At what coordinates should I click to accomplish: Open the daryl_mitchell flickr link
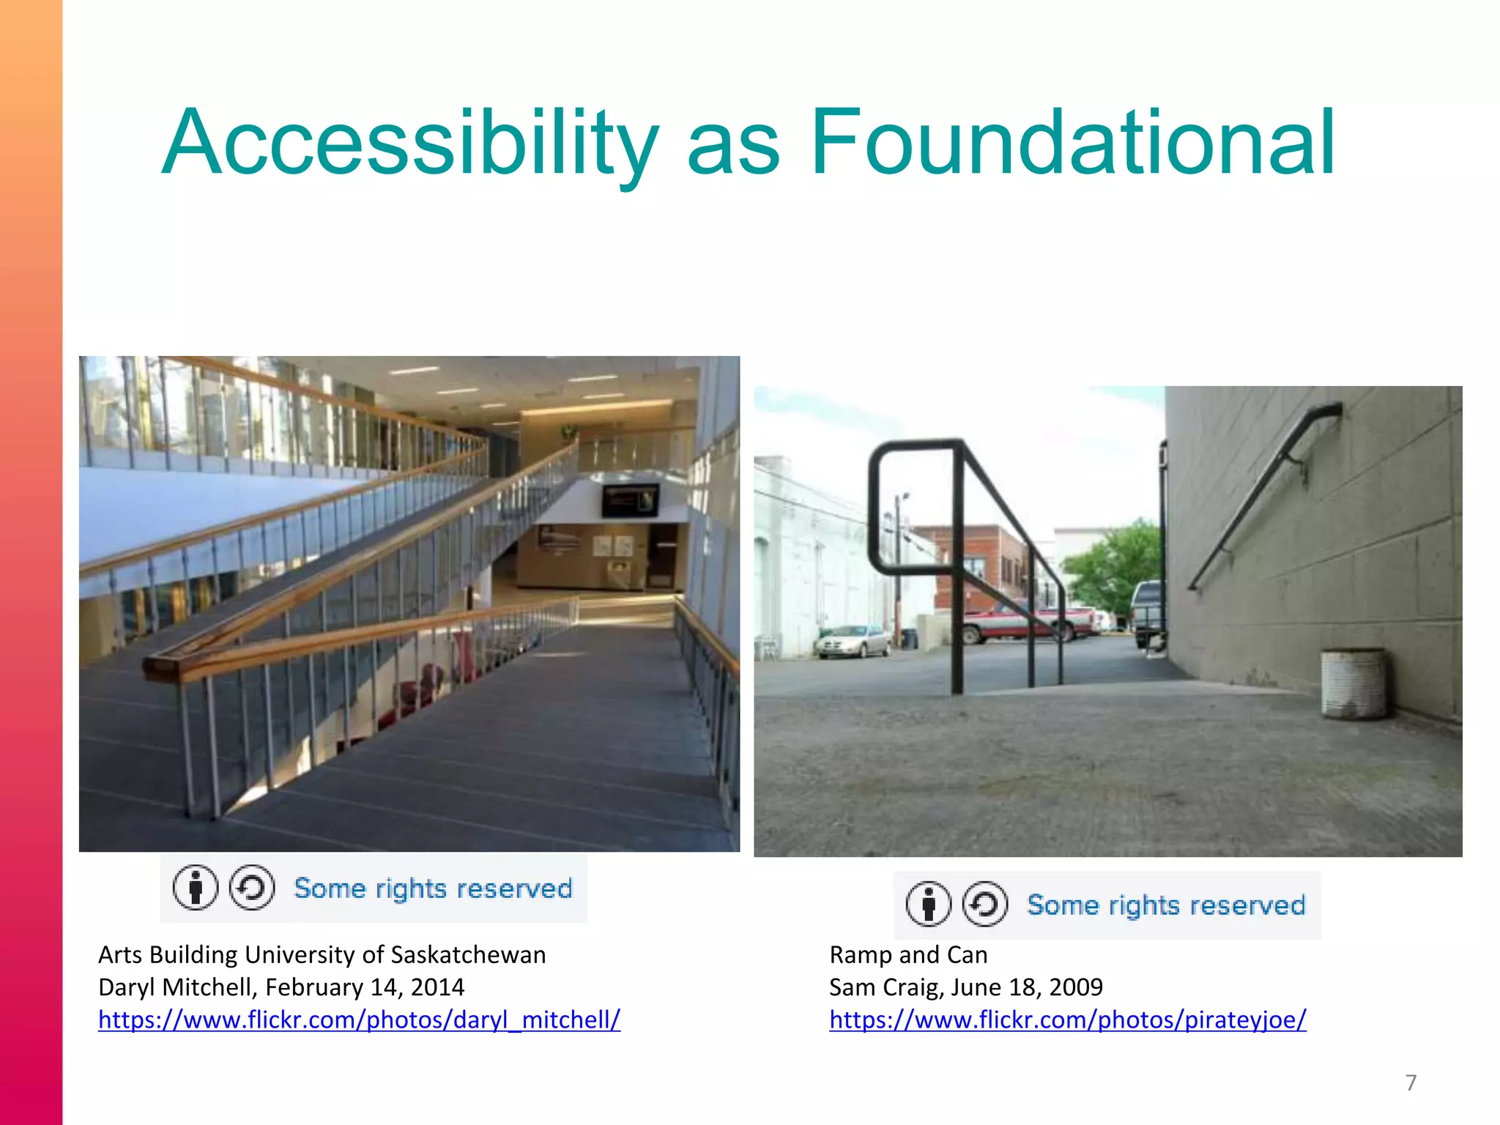[359, 1020]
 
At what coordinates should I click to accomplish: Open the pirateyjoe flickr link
[1067, 1020]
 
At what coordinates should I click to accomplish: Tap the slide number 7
[1411, 1083]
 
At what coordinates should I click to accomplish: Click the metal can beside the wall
[1354, 683]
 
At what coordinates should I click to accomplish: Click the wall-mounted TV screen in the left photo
[630, 501]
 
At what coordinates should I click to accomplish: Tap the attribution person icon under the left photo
[195, 888]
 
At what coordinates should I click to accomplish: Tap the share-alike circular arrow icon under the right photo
[984, 905]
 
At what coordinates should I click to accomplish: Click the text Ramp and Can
[908, 955]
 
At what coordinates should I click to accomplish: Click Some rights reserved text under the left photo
[432, 888]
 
